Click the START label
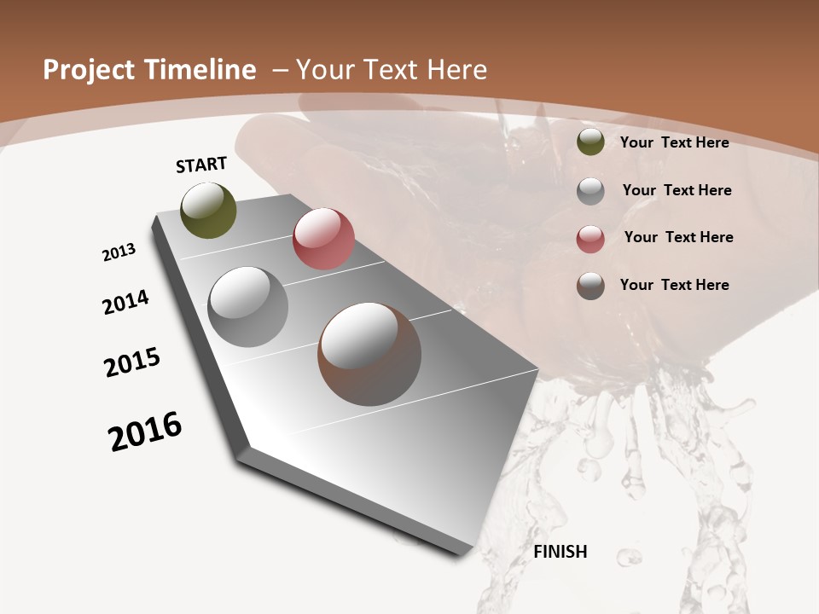coord(201,165)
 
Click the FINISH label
coord(560,552)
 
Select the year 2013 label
coord(119,252)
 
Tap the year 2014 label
coord(125,302)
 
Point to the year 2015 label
coord(131,362)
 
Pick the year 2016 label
coord(145,432)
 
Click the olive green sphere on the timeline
coord(208,210)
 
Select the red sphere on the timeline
coord(323,239)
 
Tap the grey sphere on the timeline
coord(248,307)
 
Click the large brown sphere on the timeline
coord(369,354)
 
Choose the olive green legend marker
coord(590,142)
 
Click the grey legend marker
coord(590,191)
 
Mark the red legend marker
coord(590,238)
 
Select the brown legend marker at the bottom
coord(590,286)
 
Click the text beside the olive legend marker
coord(674,142)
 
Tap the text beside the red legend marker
coord(678,237)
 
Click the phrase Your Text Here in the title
coord(392,70)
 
